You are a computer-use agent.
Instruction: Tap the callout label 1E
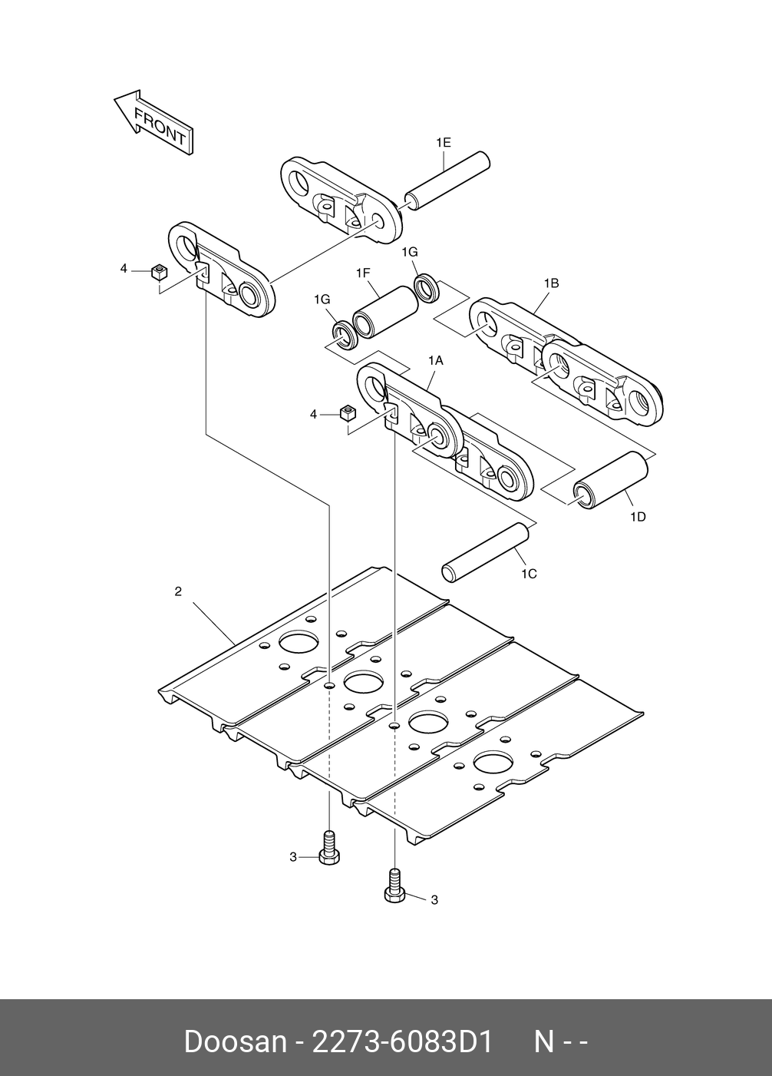(443, 142)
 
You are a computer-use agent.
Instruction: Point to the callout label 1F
(363, 273)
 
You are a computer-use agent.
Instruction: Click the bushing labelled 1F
(385, 313)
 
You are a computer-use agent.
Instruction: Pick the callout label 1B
(551, 283)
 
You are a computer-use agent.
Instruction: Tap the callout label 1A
(435, 359)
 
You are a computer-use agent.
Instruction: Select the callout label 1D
(638, 517)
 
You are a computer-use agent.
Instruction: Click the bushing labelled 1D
(612, 479)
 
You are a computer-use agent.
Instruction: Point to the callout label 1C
(529, 574)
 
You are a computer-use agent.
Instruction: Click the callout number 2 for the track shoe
(178, 591)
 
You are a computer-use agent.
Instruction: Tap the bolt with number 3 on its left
(329, 849)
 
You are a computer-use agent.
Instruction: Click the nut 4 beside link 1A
(347, 413)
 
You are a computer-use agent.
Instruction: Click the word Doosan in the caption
(235, 1042)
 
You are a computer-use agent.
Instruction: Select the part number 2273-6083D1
(399, 1042)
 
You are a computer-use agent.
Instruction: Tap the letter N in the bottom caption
(543, 1042)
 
